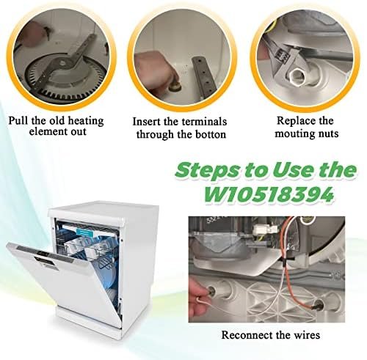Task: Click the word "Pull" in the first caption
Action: pyautogui.click(x=18, y=120)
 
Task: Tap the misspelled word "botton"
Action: pyautogui.click(x=210, y=134)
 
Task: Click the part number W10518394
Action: pyautogui.click(x=269, y=194)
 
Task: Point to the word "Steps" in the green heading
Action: pyautogui.click(x=207, y=171)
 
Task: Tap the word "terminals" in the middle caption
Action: pyautogui.click(x=204, y=122)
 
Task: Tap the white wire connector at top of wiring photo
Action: pyautogui.click(x=266, y=229)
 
